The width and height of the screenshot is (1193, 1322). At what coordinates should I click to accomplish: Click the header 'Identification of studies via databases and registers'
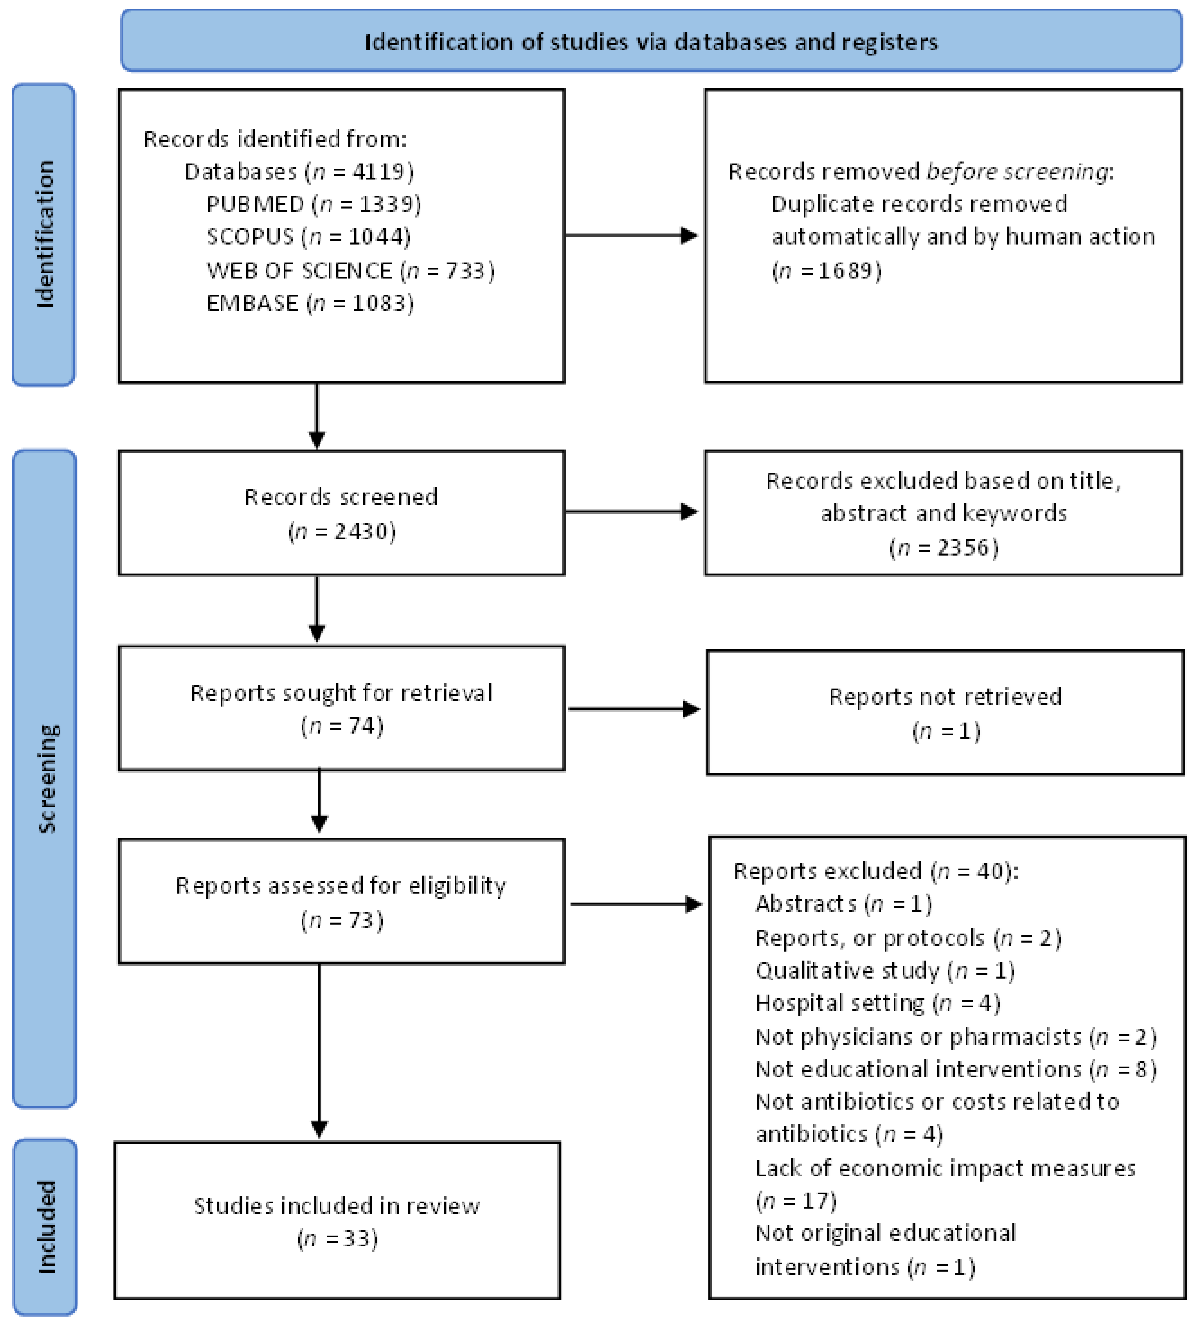coord(651,42)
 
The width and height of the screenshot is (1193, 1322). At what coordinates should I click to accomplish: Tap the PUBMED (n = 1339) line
coord(313,204)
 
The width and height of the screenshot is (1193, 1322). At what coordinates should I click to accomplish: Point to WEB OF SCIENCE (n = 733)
coord(351,270)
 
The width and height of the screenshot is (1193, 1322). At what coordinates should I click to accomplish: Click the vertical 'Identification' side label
coord(45,234)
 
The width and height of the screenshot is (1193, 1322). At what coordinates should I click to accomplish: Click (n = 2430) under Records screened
coord(342,531)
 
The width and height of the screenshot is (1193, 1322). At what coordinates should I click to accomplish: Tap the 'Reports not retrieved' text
coord(945,696)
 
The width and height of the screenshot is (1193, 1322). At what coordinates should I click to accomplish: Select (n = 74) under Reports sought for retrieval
coord(342,726)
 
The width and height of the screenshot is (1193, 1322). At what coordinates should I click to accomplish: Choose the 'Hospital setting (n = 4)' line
coord(877,1003)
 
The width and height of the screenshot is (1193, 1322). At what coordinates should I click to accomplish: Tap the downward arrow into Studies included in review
coord(319,1055)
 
